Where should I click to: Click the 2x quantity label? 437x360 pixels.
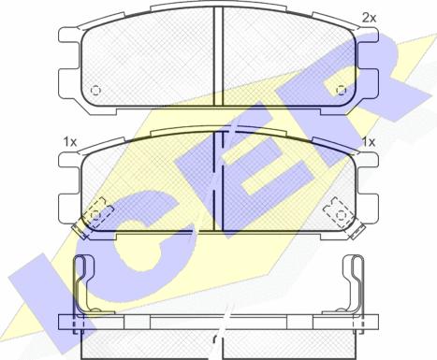click(369, 18)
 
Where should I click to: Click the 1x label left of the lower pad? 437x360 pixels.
click(70, 142)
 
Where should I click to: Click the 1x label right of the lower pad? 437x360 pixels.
click(369, 142)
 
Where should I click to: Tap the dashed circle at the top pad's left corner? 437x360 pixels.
click(95, 91)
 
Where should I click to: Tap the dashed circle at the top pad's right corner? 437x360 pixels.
click(342, 91)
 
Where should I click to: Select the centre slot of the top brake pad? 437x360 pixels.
click(218, 56)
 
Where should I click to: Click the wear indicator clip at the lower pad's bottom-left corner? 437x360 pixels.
click(80, 228)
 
